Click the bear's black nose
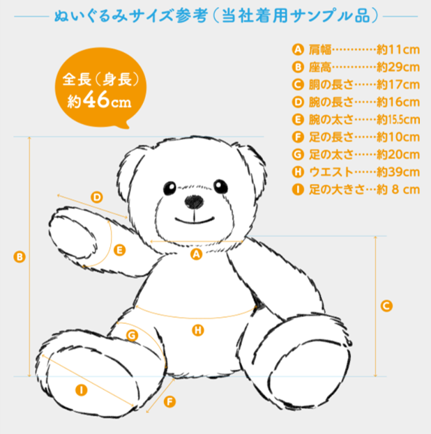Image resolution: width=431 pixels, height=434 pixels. [x=194, y=201]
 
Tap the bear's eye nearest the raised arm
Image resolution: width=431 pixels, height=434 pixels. [x=169, y=188]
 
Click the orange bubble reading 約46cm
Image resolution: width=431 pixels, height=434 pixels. [x=100, y=88]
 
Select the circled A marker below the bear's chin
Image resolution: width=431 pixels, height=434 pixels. [x=196, y=254]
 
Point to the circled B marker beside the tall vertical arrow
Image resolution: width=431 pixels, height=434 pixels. [x=20, y=257]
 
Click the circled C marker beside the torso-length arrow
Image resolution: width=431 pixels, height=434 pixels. [x=386, y=306]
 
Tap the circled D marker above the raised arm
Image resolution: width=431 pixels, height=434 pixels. [x=97, y=197]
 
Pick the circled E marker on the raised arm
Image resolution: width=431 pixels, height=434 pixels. [x=120, y=250]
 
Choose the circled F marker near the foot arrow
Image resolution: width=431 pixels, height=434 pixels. [x=169, y=402]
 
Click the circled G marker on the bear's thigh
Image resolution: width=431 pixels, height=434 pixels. [x=132, y=336]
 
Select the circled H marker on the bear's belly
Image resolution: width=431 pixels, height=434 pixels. [x=198, y=330]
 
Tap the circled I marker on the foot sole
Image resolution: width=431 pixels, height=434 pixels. [x=81, y=390]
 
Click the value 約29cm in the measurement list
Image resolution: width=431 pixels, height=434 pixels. [x=398, y=68]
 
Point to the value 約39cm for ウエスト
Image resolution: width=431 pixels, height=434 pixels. [x=398, y=172]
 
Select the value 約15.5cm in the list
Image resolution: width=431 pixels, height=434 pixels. [x=398, y=120]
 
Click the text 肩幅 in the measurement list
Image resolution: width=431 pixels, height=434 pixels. [x=320, y=50]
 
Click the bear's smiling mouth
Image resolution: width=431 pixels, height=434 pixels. [x=195, y=220]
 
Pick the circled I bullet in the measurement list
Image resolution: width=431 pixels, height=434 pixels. [x=298, y=189]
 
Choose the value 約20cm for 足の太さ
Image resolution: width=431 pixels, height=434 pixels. [x=398, y=155]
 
